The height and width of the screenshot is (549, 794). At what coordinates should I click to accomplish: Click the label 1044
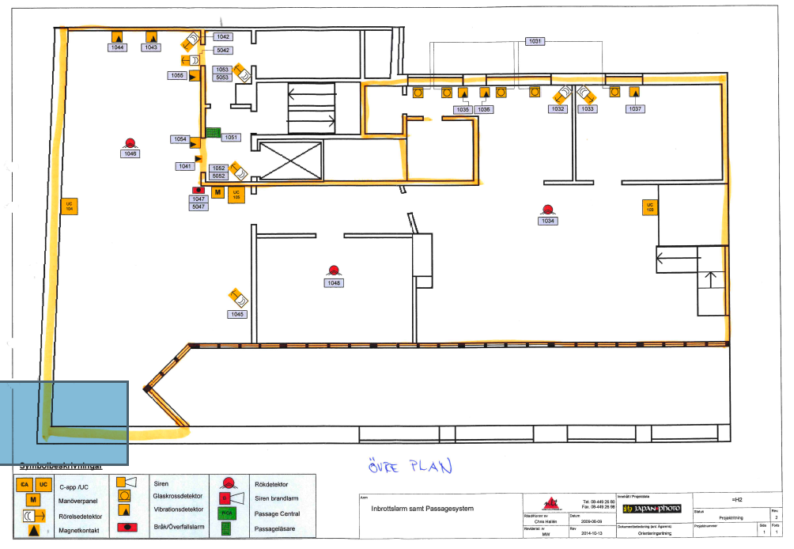pos(118,47)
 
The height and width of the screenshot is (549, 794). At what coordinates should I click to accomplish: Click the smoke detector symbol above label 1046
pos(130,143)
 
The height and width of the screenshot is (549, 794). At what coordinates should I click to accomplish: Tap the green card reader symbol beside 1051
pos(212,132)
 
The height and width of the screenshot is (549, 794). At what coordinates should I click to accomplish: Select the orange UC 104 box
pos(69,206)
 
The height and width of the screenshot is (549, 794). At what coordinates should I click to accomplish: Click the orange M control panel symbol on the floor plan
pos(217,192)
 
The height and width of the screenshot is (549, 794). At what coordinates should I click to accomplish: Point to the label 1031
pos(535,41)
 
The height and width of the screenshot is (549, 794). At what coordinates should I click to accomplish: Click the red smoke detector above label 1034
pos(547,210)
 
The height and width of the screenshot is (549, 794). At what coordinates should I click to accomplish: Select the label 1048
pos(335,282)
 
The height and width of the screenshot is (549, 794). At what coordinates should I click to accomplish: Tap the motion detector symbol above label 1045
pos(238,298)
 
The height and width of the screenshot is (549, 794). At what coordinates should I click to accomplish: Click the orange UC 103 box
pos(650,208)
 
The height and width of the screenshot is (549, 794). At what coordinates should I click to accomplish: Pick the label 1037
pos(634,109)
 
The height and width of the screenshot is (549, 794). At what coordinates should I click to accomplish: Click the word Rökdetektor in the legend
pos(272,484)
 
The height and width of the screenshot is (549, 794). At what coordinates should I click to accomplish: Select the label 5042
pos(222,50)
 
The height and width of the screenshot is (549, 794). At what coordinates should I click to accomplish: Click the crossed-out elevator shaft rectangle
pos(290,161)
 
